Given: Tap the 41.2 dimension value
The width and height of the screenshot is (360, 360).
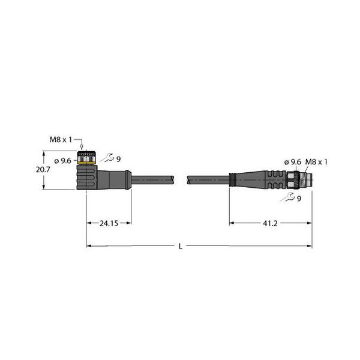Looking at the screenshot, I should click(270, 223).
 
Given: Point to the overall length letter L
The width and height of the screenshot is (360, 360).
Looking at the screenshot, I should click(181, 246).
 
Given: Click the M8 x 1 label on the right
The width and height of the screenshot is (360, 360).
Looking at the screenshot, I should click(320, 161).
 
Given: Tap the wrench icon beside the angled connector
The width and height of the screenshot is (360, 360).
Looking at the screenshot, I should click(107, 158).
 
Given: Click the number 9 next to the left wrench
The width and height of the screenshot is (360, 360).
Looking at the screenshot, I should click(118, 159).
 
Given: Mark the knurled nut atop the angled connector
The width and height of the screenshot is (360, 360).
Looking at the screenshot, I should click(88, 157).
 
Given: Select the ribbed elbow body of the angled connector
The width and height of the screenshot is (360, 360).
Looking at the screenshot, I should click(87, 178).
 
